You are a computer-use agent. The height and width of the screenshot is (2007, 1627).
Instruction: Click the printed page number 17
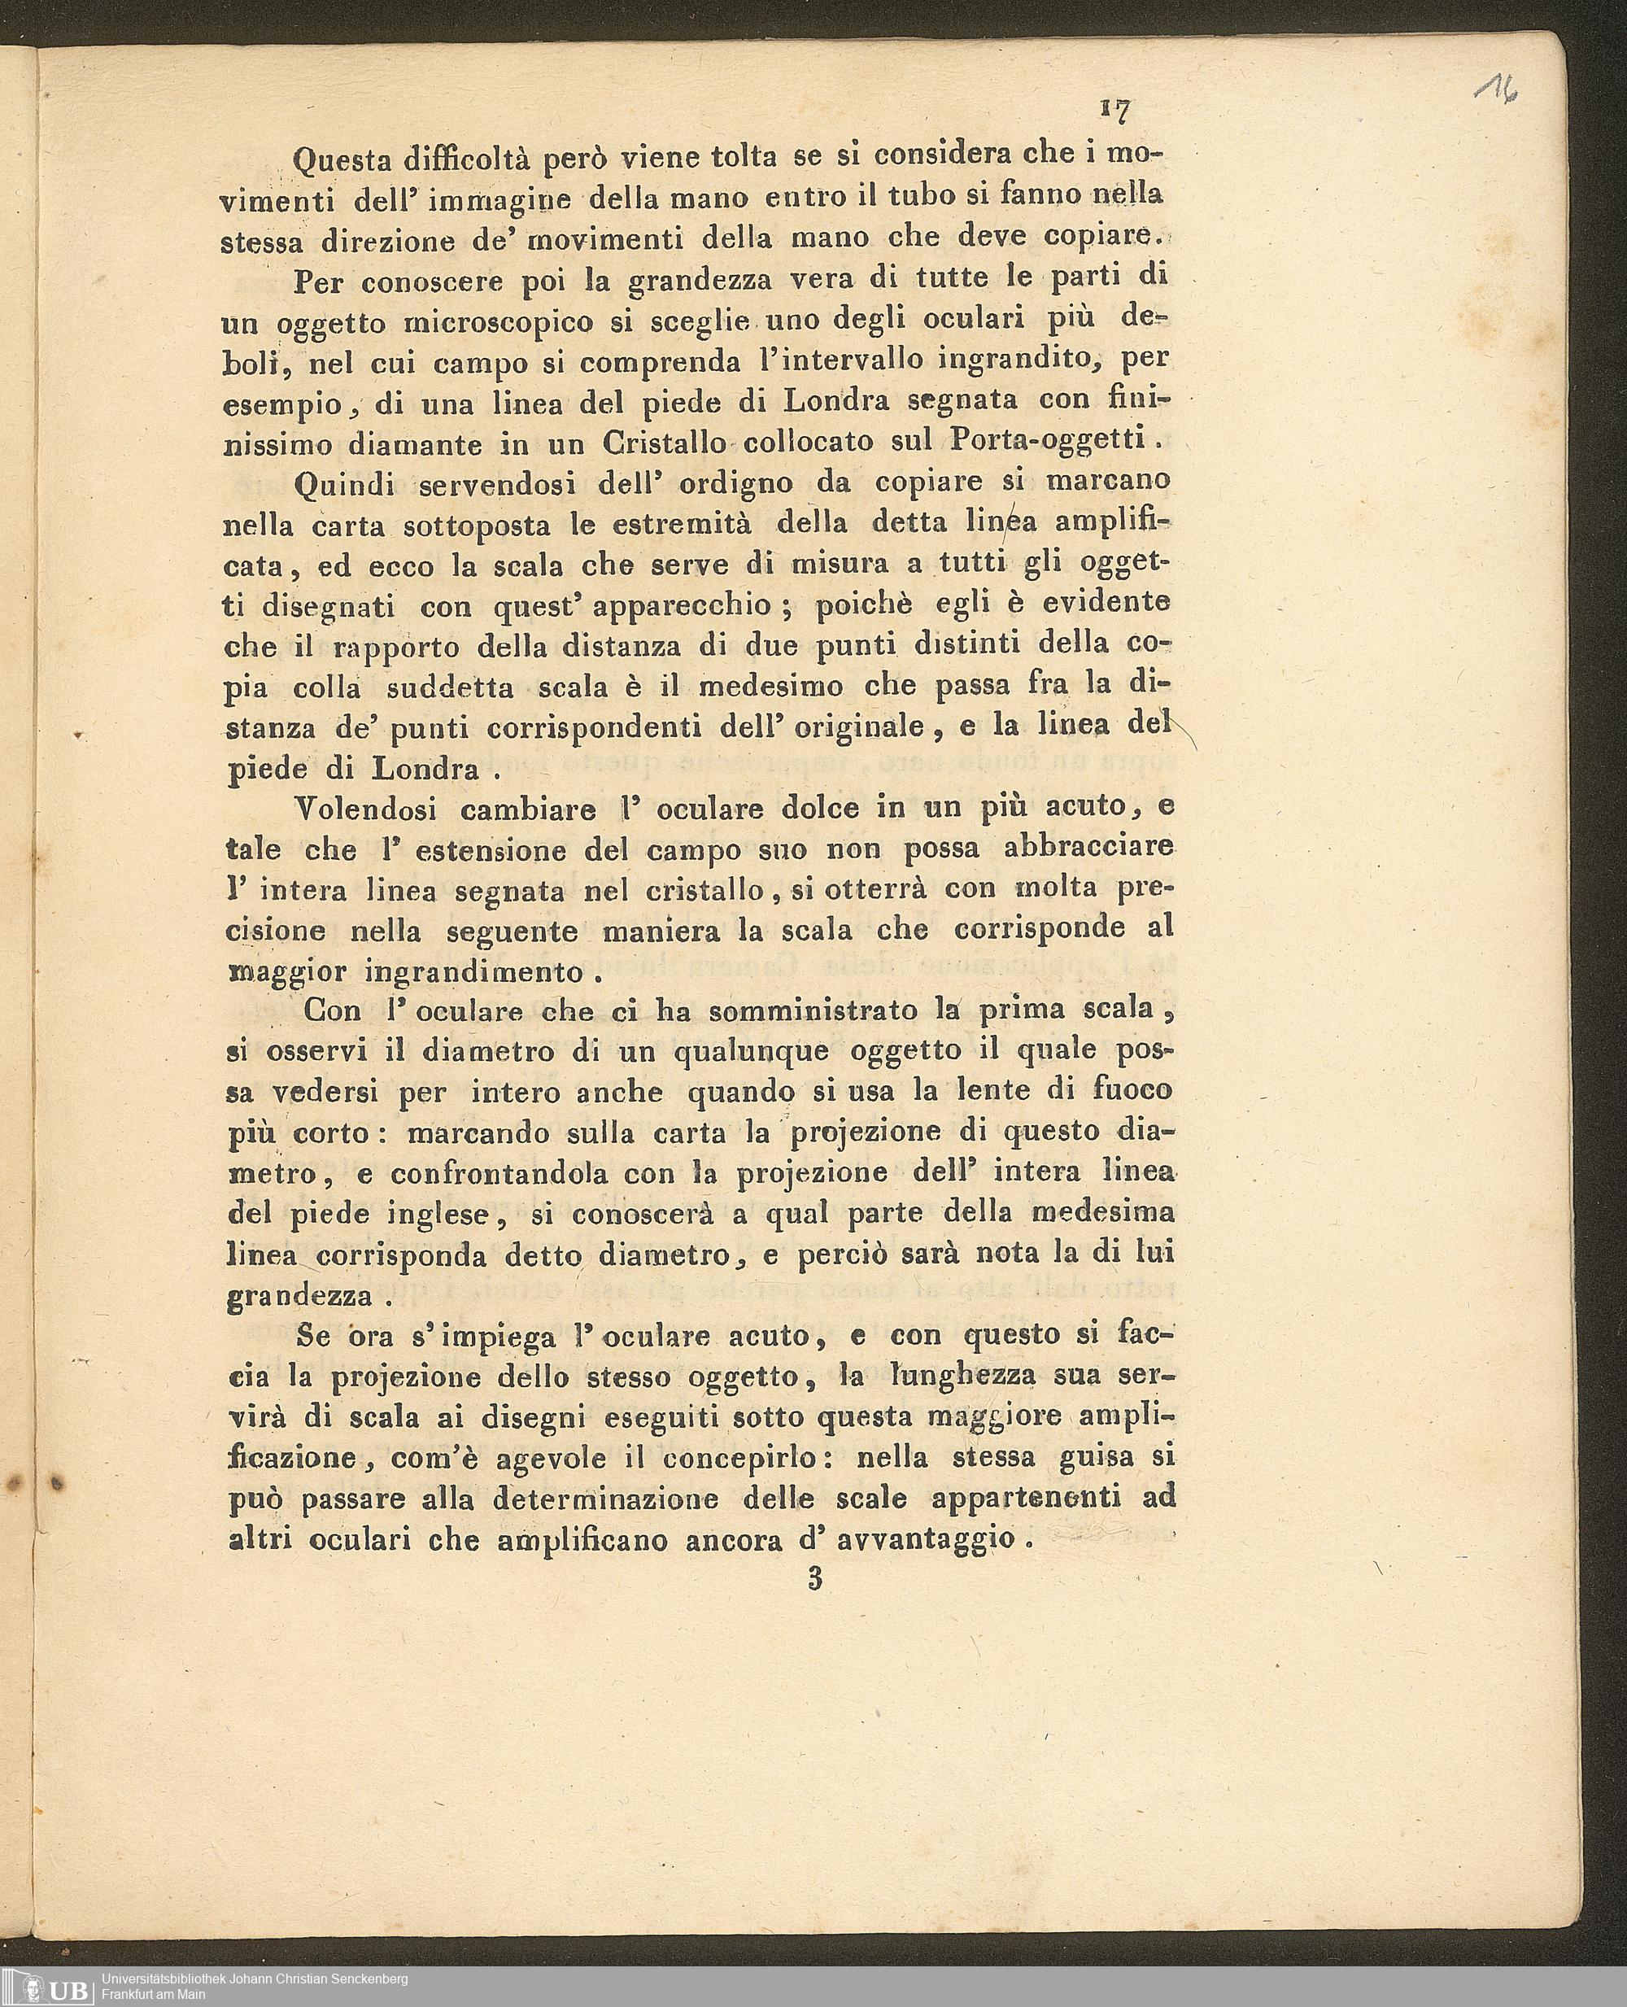pyautogui.click(x=1115, y=111)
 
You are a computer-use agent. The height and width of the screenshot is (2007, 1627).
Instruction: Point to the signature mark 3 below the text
pyautogui.click(x=813, y=1580)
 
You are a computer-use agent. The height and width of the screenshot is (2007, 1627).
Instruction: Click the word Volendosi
pyautogui.click(x=364, y=809)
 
